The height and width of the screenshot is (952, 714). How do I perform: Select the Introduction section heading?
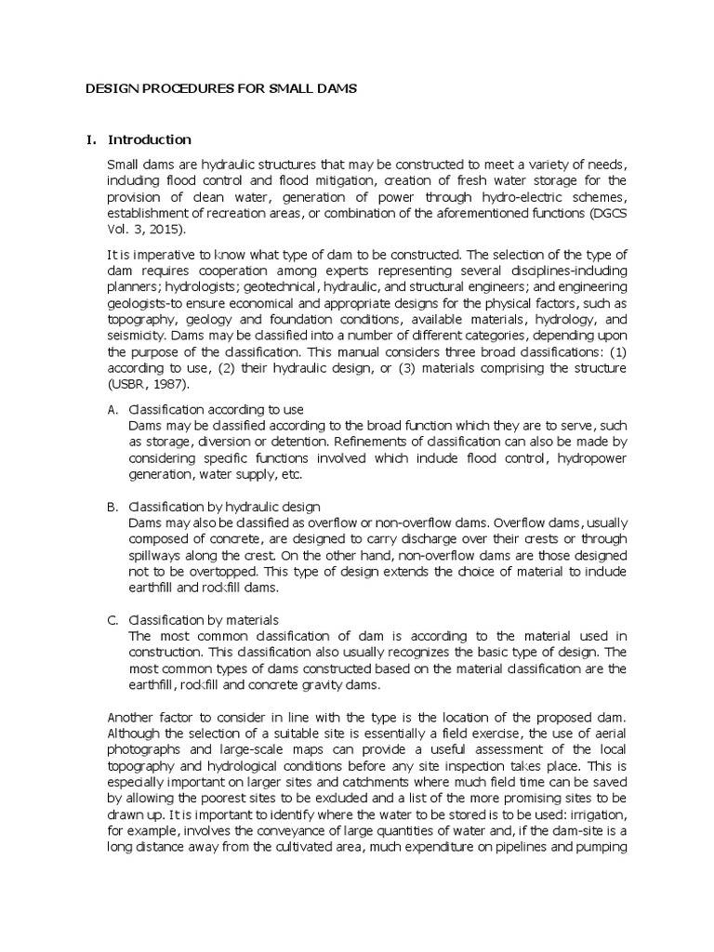150,140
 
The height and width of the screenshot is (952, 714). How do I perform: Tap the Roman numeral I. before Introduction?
90,140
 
